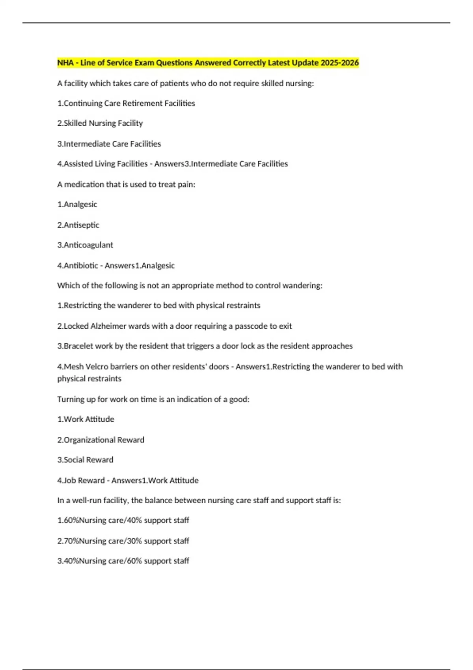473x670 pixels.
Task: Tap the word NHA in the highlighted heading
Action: [65, 63]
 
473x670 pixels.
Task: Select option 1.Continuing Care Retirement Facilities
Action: [126, 103]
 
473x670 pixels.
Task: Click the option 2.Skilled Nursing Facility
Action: [100, 123]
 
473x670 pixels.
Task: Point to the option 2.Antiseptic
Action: [78, 225]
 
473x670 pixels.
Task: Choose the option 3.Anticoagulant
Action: [85, 245]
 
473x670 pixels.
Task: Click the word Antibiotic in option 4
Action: [81, 266]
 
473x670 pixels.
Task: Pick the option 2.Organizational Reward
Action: [101, 440]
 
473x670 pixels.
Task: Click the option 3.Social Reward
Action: [85, 460]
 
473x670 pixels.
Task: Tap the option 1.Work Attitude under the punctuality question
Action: [86, 419]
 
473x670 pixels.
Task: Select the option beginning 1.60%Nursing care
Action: [123, 520]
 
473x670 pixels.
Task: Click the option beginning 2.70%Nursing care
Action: [123, 541]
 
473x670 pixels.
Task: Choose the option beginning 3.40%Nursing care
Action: [123, 561]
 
